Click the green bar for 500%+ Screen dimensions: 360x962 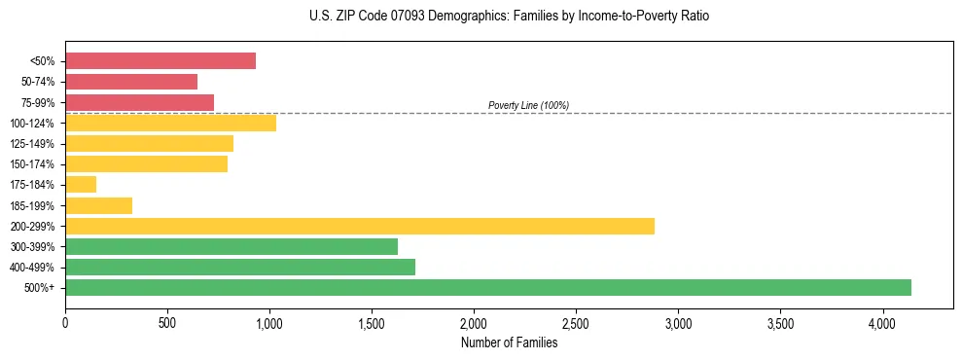click(488, 287)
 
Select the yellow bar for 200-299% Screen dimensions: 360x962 click(360, 226)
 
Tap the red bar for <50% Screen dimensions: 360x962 click(160, 61)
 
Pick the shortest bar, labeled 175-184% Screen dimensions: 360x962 click(81, 185)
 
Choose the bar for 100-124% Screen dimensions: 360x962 click(170, 123)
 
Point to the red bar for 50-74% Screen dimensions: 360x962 click(131, 82)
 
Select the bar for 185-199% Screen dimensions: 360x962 click(98, 205)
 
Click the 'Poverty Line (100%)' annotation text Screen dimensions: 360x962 click(528, 105)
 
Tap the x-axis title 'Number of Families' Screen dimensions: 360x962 click(509, 342)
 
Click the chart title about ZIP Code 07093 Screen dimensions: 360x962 click(510, 17)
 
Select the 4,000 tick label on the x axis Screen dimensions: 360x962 click(882, 322)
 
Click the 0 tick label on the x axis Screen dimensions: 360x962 click(65, 322)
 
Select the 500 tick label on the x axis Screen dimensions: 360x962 click(167, 322)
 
